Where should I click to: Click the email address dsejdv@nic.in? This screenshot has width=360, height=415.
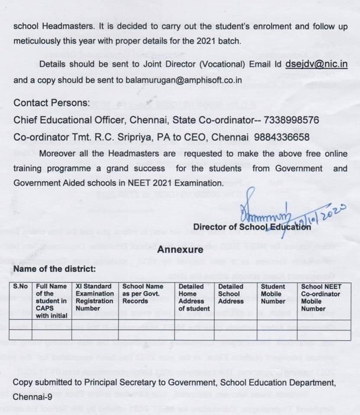click(316, 64)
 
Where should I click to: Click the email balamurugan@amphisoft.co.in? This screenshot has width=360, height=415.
click(184, 80)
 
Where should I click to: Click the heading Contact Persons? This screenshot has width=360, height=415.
click(52, 103)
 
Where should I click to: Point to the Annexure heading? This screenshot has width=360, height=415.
click(180, 249)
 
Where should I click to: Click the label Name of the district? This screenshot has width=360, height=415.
click(54, 269)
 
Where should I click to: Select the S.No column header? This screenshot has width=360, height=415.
click(20, 286)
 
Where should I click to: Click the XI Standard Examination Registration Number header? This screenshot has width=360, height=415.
click(94, 297)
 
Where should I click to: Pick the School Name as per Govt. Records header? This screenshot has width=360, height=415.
click(143, 294)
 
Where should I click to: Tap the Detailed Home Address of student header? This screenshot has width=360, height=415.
click(194, 297)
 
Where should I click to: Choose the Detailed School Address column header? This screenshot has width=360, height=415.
click(231, 294)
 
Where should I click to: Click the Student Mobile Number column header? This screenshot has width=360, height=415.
click(273, 294)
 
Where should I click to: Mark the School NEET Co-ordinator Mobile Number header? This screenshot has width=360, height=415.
click(321, 297)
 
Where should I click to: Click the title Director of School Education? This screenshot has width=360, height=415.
click(252, 227)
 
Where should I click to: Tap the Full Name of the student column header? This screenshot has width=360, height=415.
click(51, 300)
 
